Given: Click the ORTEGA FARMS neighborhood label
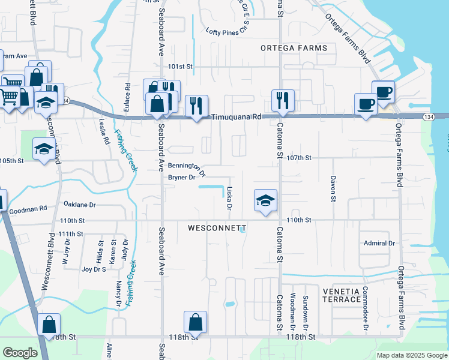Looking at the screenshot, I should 294,48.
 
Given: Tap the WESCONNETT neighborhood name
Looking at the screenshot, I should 217,229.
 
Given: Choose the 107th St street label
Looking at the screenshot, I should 300,158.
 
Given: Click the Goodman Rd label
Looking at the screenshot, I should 28,209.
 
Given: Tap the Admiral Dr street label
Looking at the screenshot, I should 379,243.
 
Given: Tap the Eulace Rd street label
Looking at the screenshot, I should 127,95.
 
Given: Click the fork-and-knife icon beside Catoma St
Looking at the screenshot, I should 282,100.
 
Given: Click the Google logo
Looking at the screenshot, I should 20,353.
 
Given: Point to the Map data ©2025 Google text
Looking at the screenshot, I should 411,355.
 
